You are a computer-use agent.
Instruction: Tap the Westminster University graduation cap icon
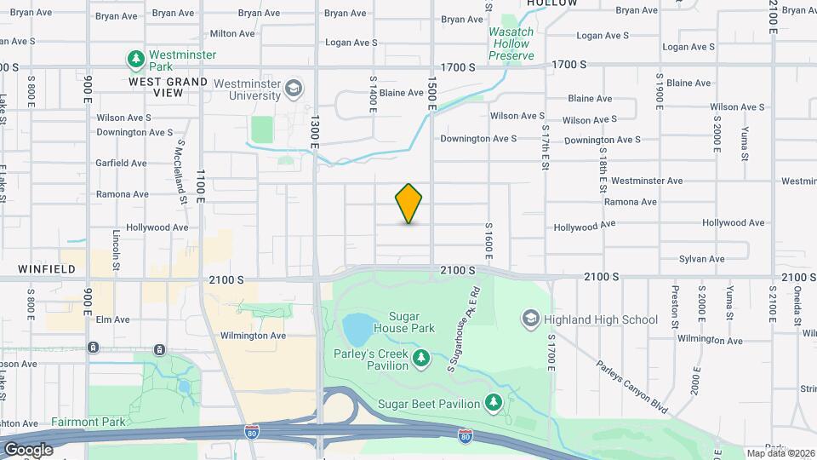click(293, 88)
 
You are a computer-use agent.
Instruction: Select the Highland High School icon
click(530, 319)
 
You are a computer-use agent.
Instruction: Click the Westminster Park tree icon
click(134, 59)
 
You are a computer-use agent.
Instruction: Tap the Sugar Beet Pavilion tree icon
click(492, 401)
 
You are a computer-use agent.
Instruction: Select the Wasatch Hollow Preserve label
click(511, 43)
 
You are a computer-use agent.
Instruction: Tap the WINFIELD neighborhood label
click(47, 269)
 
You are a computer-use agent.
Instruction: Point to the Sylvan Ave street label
click(702, 259)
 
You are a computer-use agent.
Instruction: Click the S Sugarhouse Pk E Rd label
click(463, 327)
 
